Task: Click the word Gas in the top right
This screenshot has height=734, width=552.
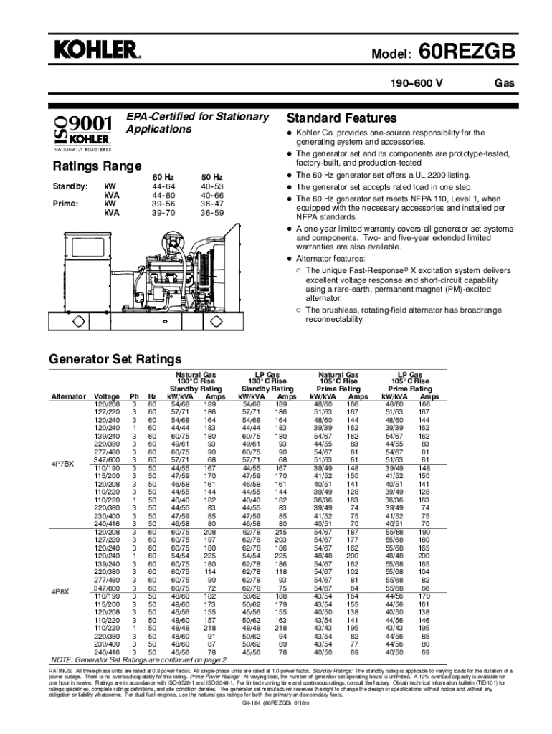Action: [x=505, y=84]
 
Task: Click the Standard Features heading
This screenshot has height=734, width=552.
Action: [x=341, y=118]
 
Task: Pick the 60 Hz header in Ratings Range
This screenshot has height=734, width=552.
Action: [x=163, y=177]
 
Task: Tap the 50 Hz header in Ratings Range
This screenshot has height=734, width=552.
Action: [x=211, y=177]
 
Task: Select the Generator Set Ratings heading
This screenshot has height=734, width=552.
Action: [x=115, y=359]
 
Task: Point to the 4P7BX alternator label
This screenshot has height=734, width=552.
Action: [x=63, y=463]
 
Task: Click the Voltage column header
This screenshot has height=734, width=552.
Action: [x=107, y=396]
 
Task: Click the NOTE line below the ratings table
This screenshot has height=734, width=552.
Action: [x=139, y=659]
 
